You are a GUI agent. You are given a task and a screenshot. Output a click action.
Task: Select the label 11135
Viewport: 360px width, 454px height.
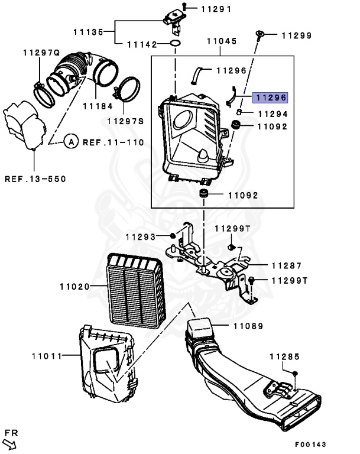(89, 31)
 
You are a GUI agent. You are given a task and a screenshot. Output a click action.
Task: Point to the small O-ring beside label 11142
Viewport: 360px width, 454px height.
(176, 44)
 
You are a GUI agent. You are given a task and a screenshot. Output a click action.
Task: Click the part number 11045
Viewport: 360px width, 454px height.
(222, 41)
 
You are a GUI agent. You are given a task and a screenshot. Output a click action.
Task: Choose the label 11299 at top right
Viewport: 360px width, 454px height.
(296, 35)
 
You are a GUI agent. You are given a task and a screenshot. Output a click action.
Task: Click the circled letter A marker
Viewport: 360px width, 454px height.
(70, 142)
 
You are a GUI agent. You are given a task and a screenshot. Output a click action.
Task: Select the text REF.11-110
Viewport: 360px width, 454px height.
(113, 142)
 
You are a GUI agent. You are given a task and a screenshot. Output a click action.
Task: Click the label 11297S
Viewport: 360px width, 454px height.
(125, 121)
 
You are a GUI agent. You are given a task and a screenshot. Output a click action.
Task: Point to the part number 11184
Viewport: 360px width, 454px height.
(97, 106)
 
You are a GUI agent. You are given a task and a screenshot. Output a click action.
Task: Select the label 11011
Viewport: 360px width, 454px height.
(47, 356)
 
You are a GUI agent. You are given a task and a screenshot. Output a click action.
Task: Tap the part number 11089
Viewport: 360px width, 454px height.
(248, 326)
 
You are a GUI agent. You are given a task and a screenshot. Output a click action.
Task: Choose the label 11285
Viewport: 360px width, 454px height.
(285, 356)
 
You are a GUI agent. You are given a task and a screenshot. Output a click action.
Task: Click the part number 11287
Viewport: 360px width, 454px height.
(287, 266)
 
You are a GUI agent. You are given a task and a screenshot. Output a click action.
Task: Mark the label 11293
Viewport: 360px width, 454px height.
(140, 237)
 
